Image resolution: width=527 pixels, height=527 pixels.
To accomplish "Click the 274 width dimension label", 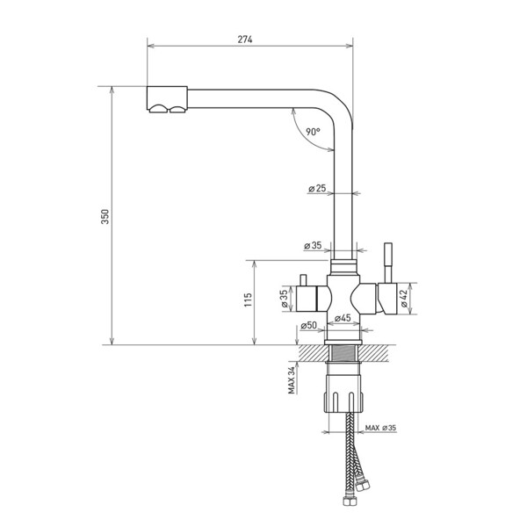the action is tap(245, 40).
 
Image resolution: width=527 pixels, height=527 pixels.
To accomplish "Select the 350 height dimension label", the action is tap(105, 217).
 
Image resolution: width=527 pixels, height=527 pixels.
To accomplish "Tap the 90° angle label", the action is tap(314, 132).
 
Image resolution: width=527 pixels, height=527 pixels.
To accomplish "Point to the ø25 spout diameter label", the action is tap(317, 188).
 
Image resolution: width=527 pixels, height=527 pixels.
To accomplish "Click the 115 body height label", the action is tap(248, 300).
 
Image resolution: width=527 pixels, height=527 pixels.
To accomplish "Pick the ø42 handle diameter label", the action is tap(404, 299).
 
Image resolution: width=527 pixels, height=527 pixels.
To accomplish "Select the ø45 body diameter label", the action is tap(343, 318).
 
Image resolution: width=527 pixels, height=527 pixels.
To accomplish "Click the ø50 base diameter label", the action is tap(308, 325).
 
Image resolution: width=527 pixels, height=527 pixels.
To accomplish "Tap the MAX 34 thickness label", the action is tap(292, 379).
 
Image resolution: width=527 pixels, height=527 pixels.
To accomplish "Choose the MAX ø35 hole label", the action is tap(381, 428).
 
